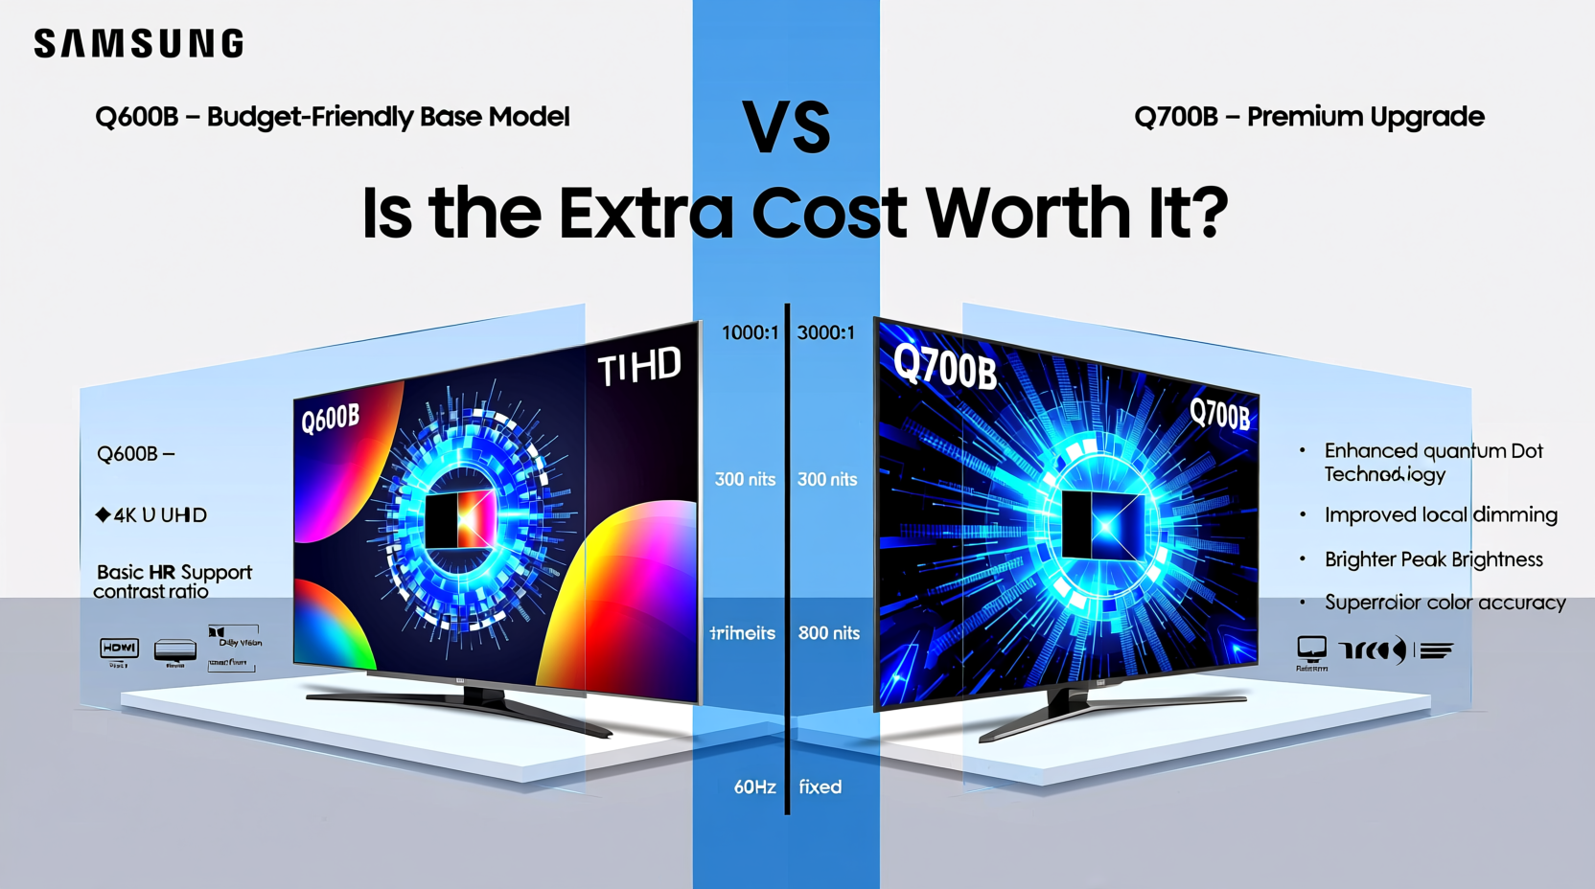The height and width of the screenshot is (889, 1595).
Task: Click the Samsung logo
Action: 139,44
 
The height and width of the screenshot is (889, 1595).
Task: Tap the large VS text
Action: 786,128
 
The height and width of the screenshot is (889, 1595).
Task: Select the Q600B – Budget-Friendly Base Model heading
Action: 332,117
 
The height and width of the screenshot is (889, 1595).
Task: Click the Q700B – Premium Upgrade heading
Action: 1308,117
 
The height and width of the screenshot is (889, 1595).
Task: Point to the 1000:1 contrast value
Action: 750,332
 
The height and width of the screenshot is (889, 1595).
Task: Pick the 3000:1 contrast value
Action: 825,332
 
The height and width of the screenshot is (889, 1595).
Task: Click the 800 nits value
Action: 828,633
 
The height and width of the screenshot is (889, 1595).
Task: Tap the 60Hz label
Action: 754,787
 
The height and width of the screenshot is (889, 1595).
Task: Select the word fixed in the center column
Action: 820,787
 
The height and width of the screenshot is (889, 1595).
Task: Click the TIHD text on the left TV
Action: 638,367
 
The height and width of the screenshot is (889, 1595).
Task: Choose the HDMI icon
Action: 119,649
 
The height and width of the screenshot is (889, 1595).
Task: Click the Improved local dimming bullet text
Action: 1440,515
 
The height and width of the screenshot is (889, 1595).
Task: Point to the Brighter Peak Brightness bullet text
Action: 1433,559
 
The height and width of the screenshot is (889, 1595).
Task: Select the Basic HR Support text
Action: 173,572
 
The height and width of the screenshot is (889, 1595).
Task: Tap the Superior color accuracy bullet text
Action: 1445,603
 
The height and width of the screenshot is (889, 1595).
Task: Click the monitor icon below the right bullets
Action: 1311,650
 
